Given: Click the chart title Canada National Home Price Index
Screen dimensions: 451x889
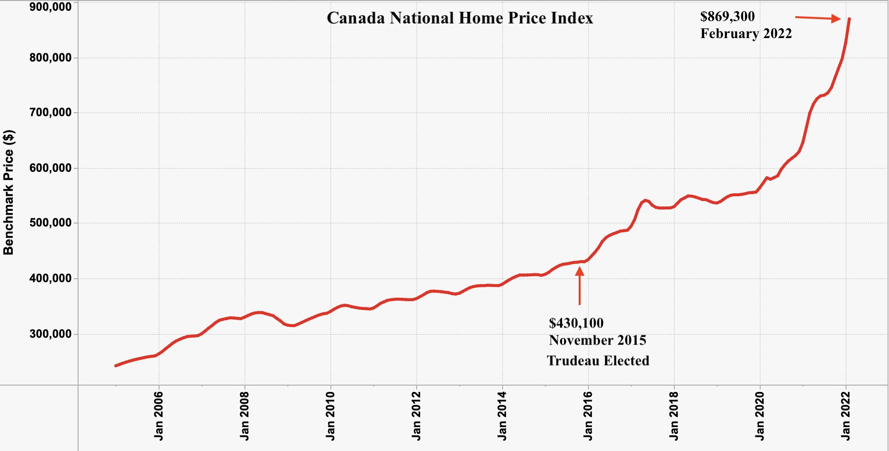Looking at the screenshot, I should pyautogui.click(x=460, y=18).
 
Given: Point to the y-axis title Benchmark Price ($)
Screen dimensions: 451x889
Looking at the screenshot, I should pyautogui.click(x=9, y=192).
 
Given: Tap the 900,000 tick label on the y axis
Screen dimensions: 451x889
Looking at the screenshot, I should pyautogui.click(x=50, y=7).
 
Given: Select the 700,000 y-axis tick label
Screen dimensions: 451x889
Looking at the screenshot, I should pyautogui.click(x=50, y=113).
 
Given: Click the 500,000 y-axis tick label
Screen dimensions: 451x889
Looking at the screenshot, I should pyautogui.click(x=50, y=223).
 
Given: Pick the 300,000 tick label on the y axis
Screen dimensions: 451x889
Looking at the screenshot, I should pyautogui.click(x=50, y=334).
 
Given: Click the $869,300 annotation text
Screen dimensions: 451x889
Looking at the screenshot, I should pyautogui.click(x=727, y=17).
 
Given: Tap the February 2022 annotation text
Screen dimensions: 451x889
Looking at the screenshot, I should pyautogui.click(x=746, y=34).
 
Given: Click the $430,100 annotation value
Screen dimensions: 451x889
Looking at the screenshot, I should pyautogui.click(x=576, y=323).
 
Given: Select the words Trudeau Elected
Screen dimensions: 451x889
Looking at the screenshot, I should pyautogui.click(x=598, y=361).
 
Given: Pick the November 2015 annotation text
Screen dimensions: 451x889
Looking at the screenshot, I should pyautogui.click(x=598, y=340).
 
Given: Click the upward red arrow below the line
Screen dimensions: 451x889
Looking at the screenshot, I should pyautogui.click(x=580, y=286).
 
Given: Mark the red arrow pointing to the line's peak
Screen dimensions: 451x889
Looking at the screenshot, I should pyautogui.click(x=818, y=19).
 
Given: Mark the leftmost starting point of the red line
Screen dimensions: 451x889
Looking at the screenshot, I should pyautogui.click(x=116, y=366).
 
